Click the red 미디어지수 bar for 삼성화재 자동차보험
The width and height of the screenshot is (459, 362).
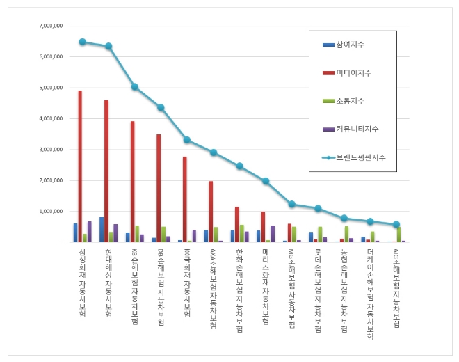click(80, 166)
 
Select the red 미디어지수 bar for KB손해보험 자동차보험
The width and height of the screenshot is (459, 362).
click(132, 182)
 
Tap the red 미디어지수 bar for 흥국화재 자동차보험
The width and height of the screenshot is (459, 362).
click(184, 199)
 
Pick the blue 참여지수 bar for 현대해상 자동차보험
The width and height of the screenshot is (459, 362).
click(102, 230)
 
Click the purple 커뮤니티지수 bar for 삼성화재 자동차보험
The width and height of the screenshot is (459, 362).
click(90, 232)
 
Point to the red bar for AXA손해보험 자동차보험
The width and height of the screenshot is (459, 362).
click(211, 212)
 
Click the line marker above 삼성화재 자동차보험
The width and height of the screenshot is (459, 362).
click(82, 42)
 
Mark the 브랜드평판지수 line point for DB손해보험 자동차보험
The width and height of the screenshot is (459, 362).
click(161, 107)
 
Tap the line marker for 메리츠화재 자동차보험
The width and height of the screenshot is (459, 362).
click(266, 181)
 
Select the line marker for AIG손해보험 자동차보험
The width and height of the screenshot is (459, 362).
click(396, 224)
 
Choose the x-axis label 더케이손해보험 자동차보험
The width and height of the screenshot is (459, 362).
click(370, 294)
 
